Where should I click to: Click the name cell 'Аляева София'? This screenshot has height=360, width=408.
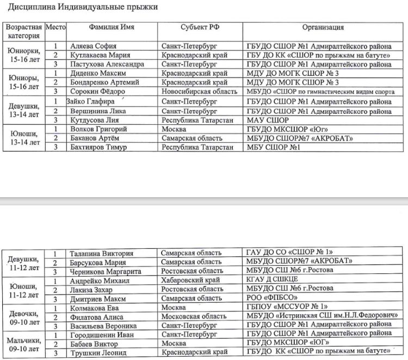[x=94, y=46]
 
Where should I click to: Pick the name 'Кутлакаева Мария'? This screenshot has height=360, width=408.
[x=101, y=55]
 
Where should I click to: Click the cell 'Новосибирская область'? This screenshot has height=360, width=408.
[x=199, y=91]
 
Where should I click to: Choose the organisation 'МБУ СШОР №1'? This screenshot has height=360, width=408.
[x=274, y=147]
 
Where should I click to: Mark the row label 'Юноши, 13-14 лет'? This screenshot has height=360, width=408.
[x=24, y=138]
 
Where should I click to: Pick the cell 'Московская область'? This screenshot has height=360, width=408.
[x=194, y=316]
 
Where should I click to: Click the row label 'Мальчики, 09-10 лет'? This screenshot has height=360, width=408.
[x=25, y=343]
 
